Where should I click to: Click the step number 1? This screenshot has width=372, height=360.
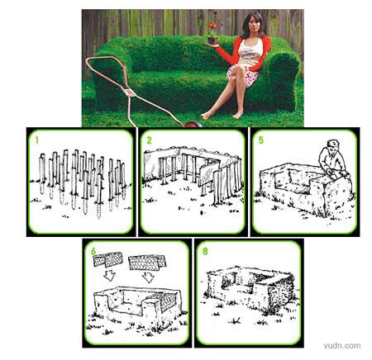tap(37, 140)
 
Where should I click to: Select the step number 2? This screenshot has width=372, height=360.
tap(149, 140)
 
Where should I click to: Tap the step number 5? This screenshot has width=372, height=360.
tap(261, 140)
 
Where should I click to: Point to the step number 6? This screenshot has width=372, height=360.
tap(93, 251)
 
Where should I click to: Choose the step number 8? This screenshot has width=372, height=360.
tap(205, 251)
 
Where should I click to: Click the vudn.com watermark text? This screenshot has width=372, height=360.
tap(342, 346)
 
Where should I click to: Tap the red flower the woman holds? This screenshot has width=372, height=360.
tap(212, 26)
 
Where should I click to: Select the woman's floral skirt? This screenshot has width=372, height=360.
tap(242, 74)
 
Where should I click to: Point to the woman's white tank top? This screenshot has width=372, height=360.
tap(250, 52)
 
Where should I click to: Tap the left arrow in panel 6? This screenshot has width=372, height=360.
tap(110, 276)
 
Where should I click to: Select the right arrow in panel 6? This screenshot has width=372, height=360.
tap(148, 277)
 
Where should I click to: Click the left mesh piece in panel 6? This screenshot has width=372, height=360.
tap(107, 259)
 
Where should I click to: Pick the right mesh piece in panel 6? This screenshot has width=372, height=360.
tap(147, 263)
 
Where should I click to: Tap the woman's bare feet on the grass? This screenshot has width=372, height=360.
tap(222, 115)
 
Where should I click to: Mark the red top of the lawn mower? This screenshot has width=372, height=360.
tap(193, 125)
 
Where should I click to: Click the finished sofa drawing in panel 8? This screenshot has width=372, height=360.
tap(250, 289)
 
